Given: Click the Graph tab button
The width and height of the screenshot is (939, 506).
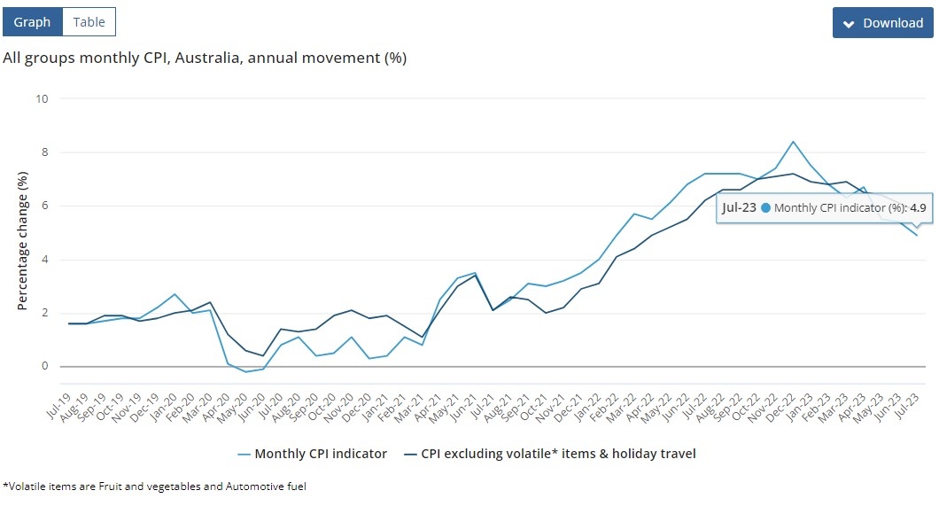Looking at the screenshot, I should click(x=32, y=22).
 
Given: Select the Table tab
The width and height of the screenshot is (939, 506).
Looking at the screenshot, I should click(x=89, y=22).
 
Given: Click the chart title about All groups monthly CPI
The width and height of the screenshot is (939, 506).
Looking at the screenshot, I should click(x=205, y=58).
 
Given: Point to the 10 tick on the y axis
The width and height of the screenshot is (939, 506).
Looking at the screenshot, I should click(x=41, y=98).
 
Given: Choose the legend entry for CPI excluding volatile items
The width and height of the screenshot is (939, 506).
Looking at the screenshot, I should click(x=550, y=454).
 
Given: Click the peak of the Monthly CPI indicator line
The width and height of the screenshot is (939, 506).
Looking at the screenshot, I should click(x=793, y=142).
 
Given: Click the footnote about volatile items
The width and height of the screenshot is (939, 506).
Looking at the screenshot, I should click(x=155, y=487).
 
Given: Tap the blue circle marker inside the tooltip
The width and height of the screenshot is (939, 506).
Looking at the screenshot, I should click(x=766, y=208).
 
